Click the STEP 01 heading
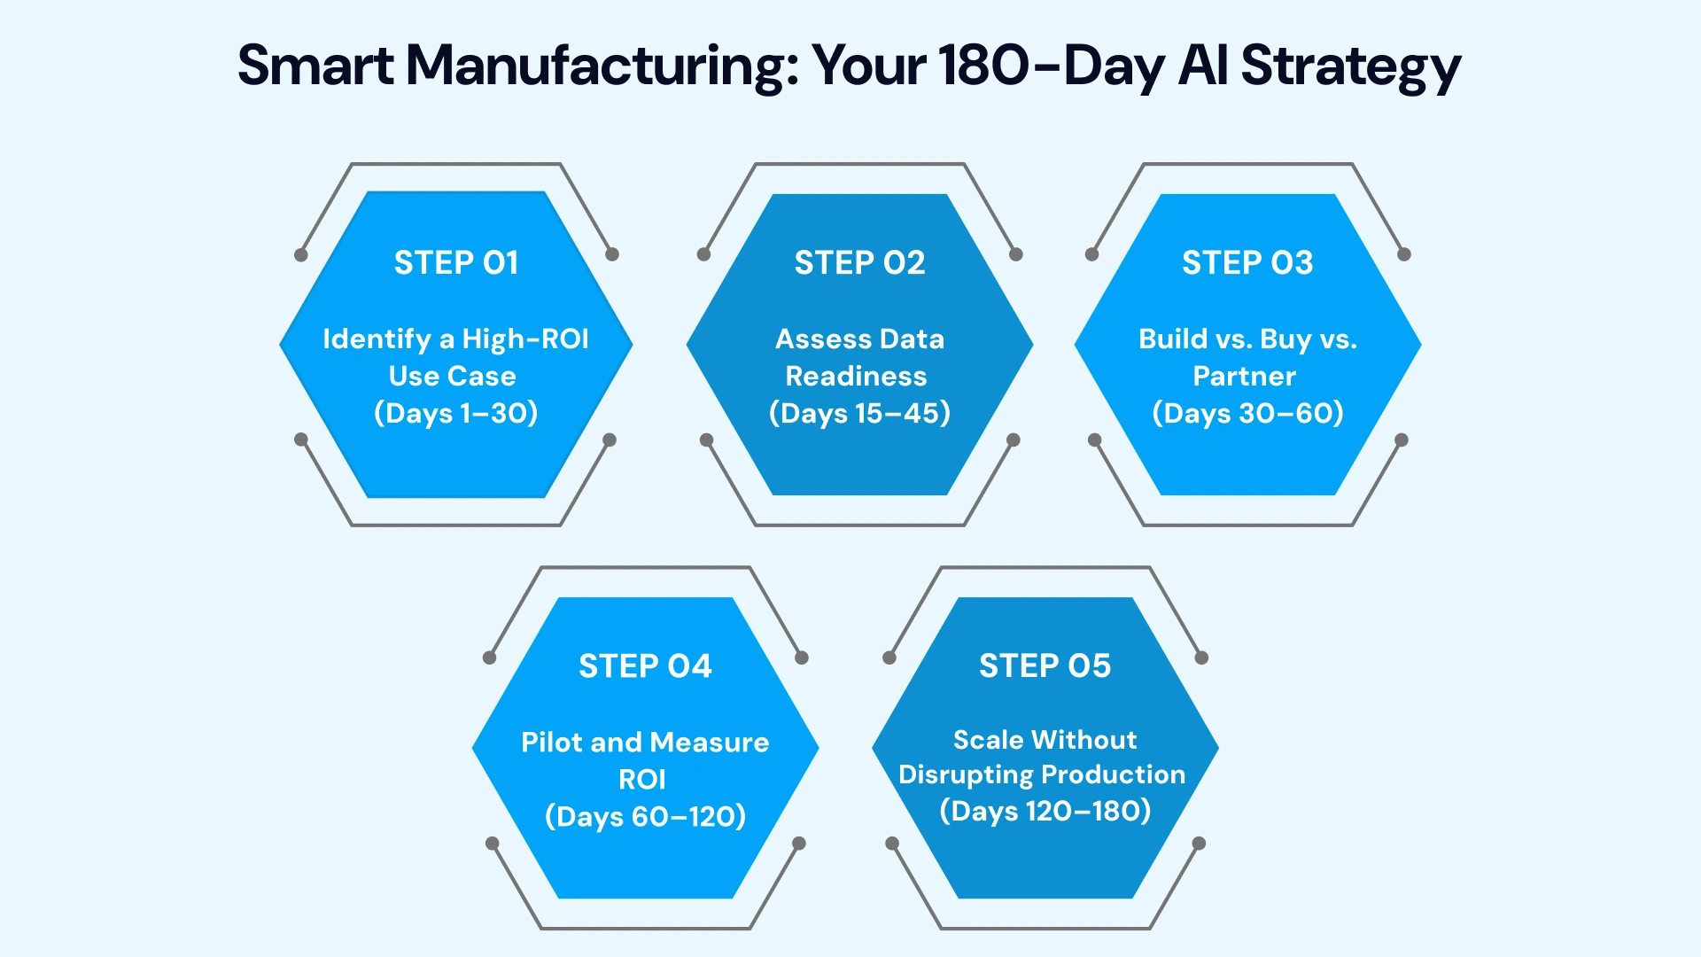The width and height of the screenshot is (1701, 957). coord(456,263)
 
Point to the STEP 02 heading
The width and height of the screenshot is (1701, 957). coord(859,263)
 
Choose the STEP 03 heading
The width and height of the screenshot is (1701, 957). coord(1247,263)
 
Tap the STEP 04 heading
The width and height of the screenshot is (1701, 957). coord(645,666)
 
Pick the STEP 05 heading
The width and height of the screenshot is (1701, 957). coord(1045,666)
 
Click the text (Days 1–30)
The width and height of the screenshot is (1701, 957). coord(456,413)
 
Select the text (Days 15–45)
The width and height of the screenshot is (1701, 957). coord(859,413)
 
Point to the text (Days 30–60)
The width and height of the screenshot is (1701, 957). coord(1247,413)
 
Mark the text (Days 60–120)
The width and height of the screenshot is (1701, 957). coord(645,816)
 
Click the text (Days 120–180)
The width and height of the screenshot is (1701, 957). coord(1045,811)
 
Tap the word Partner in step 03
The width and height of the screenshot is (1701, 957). coord(1244,377)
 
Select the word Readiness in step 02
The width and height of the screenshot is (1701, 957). coord(856,377)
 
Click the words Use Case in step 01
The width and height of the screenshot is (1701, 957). coord(452,377)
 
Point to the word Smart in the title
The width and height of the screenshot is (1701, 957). coord(315,66)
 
